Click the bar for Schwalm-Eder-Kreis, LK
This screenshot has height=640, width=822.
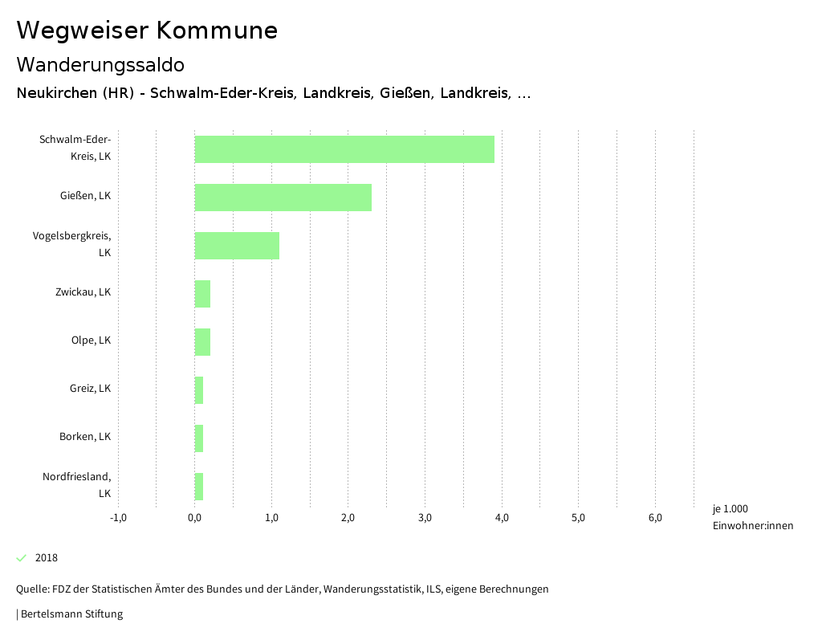tap(344, 149)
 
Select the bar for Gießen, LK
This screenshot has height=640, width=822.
tap(283, 198)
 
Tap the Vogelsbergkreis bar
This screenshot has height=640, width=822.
tap(237, 246)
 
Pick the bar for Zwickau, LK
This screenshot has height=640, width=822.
tap(202, 294)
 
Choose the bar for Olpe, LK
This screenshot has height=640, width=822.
tap(202, 342)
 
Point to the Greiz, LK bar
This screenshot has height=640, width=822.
tap(199, 390)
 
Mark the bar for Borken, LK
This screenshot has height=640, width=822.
tap(199, 438)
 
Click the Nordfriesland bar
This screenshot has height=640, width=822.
tap(199, 487)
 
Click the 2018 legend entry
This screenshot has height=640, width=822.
tap(46, 558)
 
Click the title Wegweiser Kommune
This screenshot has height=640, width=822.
tap(147, 31)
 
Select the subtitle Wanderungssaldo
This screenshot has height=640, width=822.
tap(100, 64)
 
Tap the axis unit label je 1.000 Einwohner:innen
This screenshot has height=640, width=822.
tap(752, 517)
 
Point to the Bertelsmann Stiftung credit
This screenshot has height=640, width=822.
tap(71, 614)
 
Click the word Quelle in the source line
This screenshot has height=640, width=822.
tap(31, 589)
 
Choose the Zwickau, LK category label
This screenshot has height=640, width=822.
tap(83, 292)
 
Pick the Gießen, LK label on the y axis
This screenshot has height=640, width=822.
tap(85, 196)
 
